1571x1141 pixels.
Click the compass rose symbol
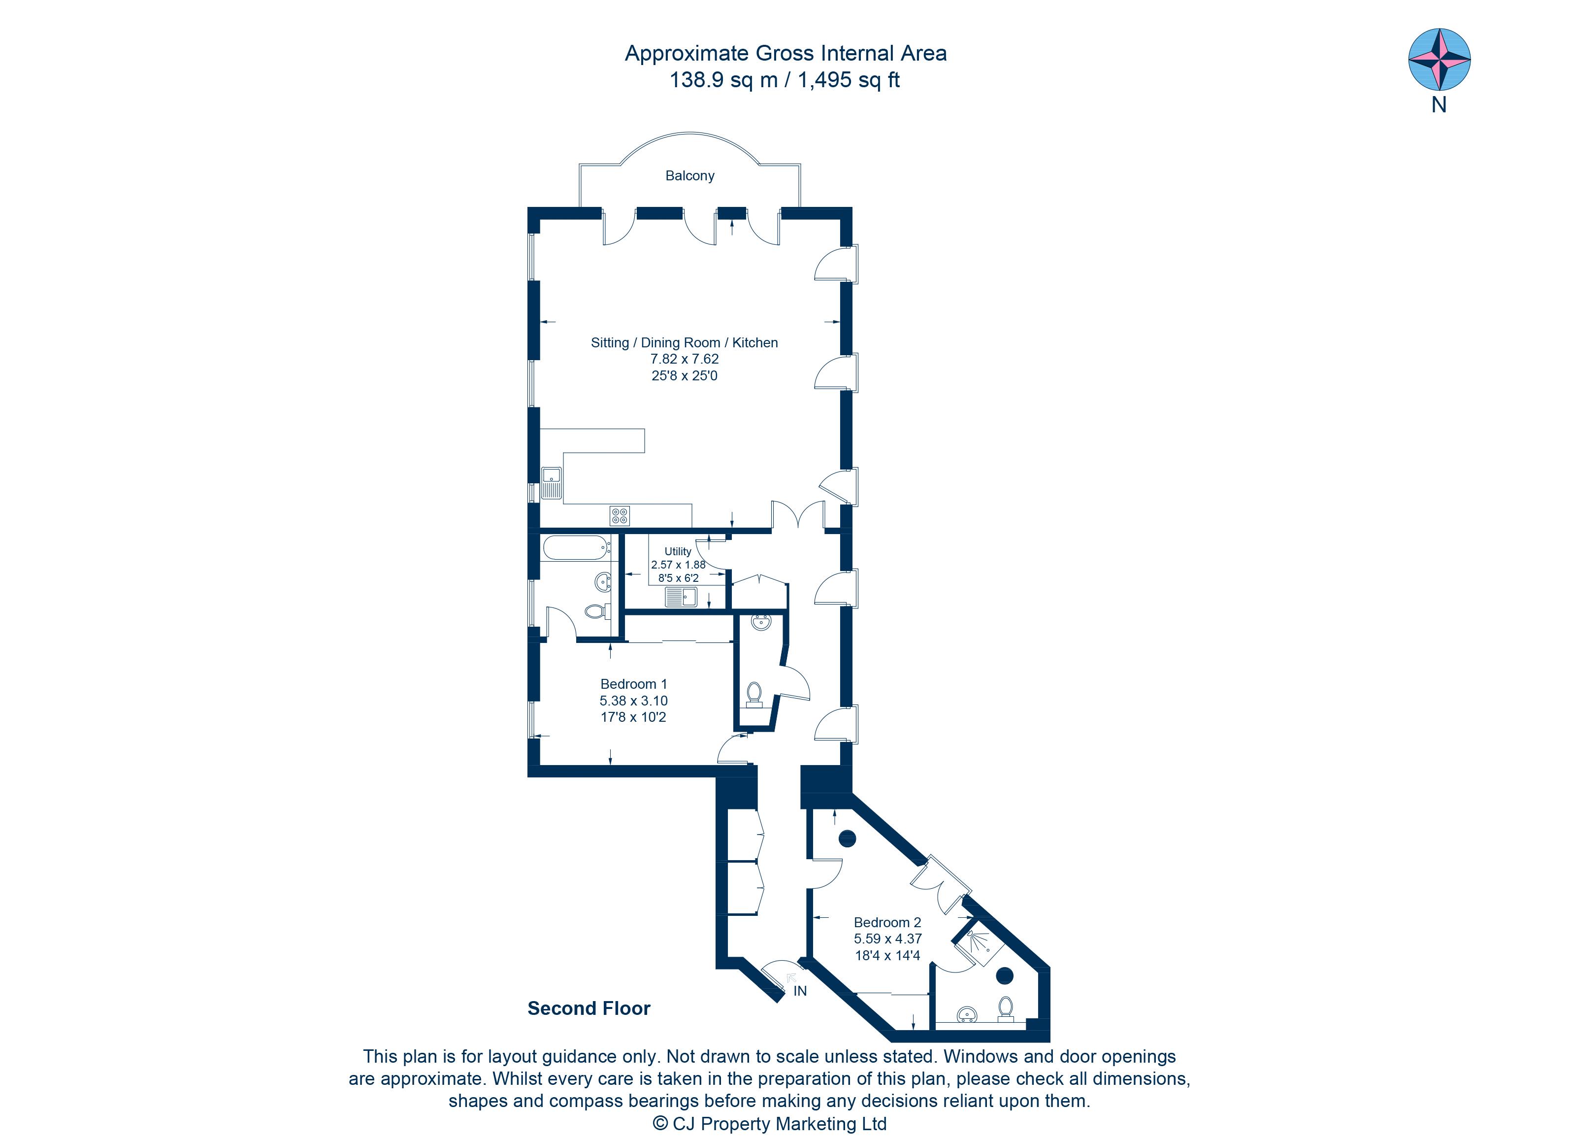[x=1440, y=60]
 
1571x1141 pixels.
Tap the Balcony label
[x=689, y=176]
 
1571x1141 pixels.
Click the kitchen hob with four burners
[x=619, y=515]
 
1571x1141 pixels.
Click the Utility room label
[x=678, y=551]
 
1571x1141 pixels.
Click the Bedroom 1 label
[x=633, y=684]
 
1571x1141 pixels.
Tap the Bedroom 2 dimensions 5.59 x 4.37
[x=887, y=939]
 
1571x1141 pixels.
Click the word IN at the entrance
[x=800, y=991]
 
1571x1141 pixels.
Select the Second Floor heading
[x=589, y=1008]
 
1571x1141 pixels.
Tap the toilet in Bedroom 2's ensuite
[x=1005, y=1008]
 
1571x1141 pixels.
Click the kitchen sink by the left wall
[x=552, y=483]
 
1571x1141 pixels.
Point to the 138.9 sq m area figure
[x=723, y=80]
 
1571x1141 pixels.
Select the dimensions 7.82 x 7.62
[x=685, y=359]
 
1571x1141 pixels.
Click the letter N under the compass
[x=1439, y=105]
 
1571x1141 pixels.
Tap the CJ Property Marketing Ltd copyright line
[x=770, y=1124]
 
